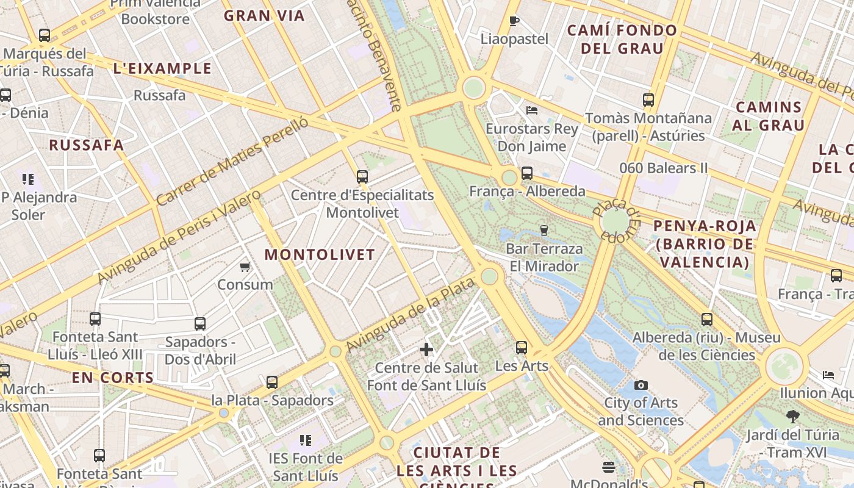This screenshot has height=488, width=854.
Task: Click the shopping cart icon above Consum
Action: point(245,267)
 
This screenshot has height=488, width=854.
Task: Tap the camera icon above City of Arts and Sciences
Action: point(640,385)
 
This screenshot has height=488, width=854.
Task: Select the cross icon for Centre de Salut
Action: point(426,350)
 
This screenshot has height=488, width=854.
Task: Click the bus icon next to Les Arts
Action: point(521,348)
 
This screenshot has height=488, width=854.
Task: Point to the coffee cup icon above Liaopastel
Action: point(514,21)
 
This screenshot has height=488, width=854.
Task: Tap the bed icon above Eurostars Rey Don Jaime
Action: point(532,110)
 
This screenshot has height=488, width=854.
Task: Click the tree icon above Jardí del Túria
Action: point(792,417)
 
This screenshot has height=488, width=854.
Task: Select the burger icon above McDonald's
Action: point(608,467)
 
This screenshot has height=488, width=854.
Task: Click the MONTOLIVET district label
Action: point(320,255)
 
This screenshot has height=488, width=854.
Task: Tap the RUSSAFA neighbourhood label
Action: point(87,145)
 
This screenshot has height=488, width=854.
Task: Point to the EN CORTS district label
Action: point(113,378)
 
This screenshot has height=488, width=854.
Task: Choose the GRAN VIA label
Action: point(264,16)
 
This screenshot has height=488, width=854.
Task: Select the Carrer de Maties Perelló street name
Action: point(232,161)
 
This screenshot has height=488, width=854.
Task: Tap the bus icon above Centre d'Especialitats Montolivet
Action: point(362,177)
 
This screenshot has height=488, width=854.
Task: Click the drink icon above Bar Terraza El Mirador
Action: point(544,230)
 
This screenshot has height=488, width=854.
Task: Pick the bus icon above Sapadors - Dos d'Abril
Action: point(200,323)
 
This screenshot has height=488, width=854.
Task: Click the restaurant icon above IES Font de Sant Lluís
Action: point(306,440)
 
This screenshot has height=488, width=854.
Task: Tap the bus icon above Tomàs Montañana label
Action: point(648,99)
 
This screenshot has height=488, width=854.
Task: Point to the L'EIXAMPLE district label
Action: point(162,68)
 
